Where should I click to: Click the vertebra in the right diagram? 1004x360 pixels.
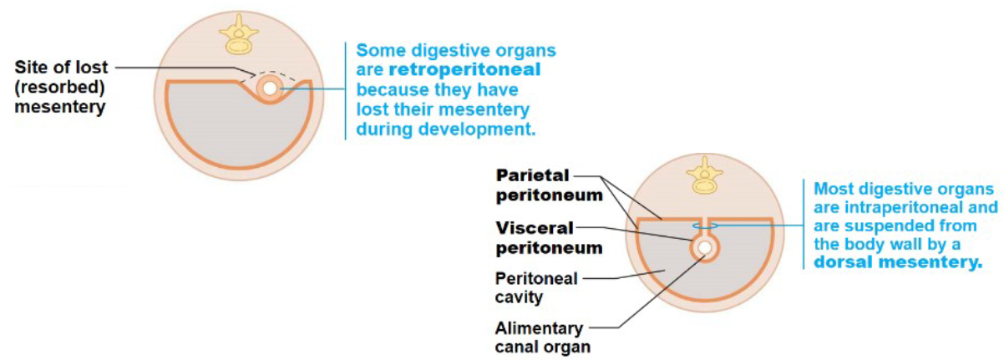pyautogui.click(x=703, y=177)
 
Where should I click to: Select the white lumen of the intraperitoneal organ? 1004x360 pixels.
pyautogui.click(x=704, y=247)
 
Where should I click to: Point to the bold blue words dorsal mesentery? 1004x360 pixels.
pyautogui.click(x=898, y=262)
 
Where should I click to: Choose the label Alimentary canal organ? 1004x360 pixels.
pyautogui.click(x=539, y=337)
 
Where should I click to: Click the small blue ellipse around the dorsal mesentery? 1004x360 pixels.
pyautogui.click(x=703, y=225)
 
